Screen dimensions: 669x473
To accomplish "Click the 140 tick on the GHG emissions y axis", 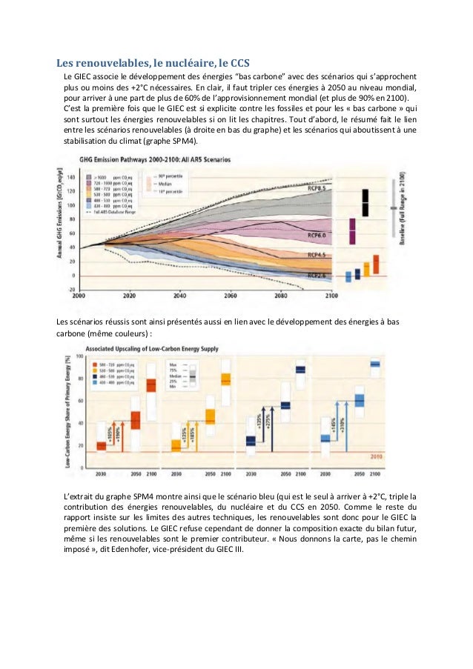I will tap(72, 178).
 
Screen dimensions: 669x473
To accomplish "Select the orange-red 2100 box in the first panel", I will tap(151, 386).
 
